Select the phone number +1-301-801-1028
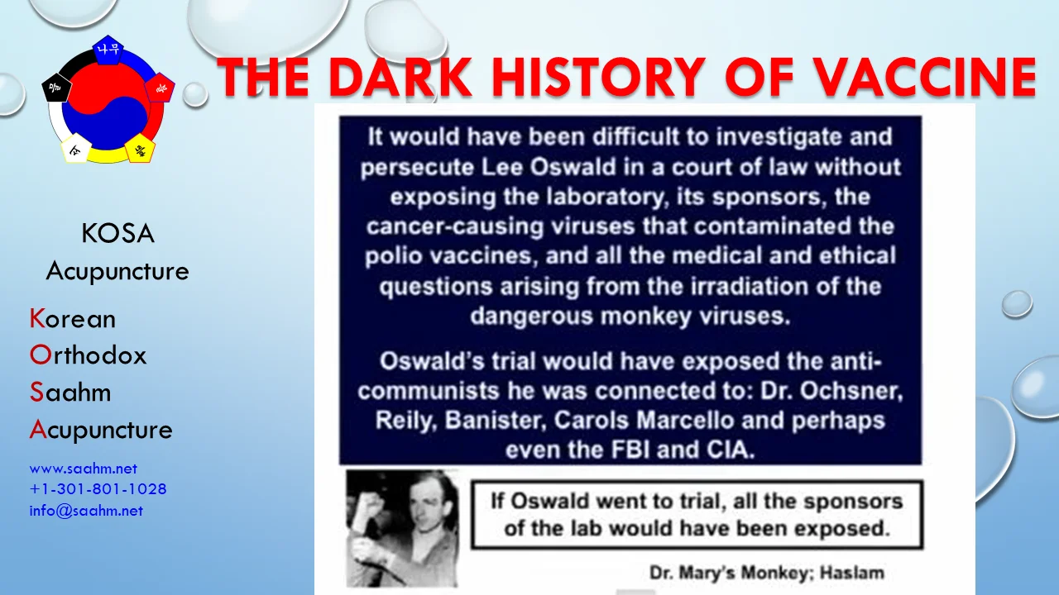click(x=98, y=489)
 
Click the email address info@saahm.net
click(x=86, y=511)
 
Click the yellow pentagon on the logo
click(x=139, y=150)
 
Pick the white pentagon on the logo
click(x=75, y=150)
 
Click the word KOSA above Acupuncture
click(x=117, y=235)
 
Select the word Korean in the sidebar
click(x=73, y=319)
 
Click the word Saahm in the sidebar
click(x=70, y=392)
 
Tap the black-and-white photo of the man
click(x=401, y=528)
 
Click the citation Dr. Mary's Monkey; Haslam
click(x=766, y=572)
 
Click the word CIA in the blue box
click(x=731, y=450)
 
